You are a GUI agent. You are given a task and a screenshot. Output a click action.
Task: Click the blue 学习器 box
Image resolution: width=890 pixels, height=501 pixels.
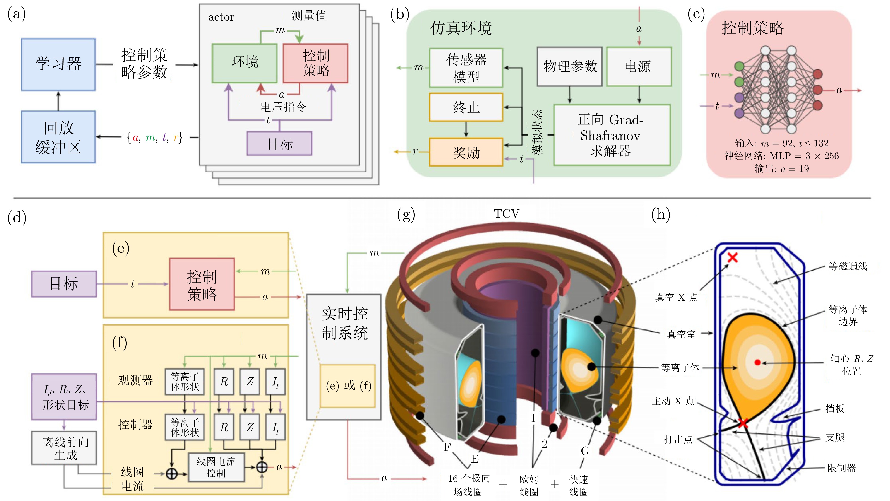point(58,64)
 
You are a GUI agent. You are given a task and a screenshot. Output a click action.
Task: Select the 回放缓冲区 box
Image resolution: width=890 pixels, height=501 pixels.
point(58,137)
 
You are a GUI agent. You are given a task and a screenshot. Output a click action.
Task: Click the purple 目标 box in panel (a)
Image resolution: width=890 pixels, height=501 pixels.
point(279,143)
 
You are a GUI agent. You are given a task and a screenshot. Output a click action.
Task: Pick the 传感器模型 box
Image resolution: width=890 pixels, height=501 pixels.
point(466,68)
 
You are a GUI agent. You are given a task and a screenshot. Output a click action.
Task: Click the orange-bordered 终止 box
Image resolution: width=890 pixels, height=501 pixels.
point(466,107)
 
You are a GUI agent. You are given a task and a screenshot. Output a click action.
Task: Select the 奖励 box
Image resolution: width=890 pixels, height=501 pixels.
point(466,152)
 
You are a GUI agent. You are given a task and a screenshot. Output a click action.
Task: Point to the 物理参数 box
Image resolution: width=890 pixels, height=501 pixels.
point(570,66)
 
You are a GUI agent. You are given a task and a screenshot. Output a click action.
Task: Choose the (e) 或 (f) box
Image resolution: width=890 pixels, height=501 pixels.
point(348,386)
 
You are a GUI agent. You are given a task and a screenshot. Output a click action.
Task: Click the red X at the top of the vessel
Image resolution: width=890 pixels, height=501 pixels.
point(732,257)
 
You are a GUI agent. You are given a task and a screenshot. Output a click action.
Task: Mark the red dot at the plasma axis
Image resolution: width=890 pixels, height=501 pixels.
point(758,362)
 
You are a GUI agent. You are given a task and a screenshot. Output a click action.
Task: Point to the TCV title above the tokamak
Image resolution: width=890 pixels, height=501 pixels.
point(506,214)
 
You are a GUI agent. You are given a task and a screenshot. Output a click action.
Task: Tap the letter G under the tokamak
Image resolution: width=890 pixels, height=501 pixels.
point(585,451)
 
